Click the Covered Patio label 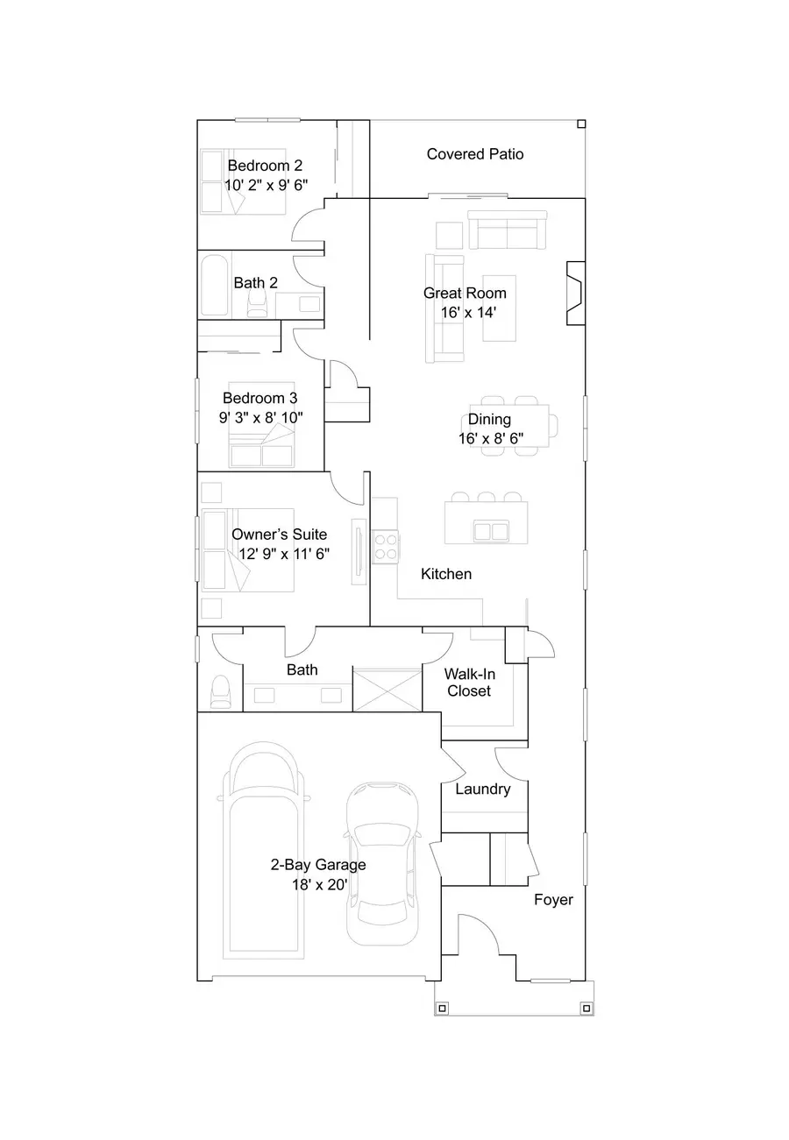point(474,154)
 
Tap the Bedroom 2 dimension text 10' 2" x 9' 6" point(266,185)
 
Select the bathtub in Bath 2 point(215,284)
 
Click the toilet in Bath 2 point(258,302)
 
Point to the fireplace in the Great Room point(575,293)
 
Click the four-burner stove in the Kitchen point(387,547)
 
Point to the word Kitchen point(446,574)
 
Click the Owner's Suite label point(279,535)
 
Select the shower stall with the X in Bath point(387,689)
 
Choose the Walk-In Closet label point(468,682)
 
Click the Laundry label point(482,790)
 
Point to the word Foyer point(553,900)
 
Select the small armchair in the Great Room point(449,236)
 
